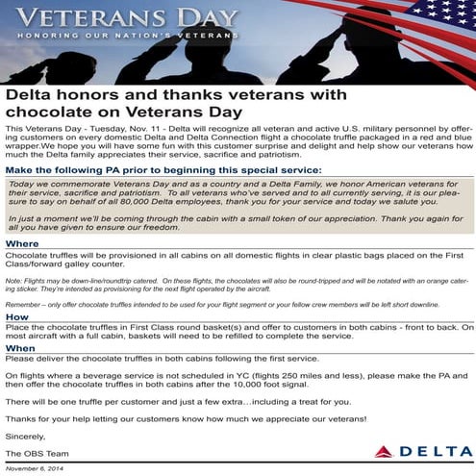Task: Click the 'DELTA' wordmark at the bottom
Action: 434,451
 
